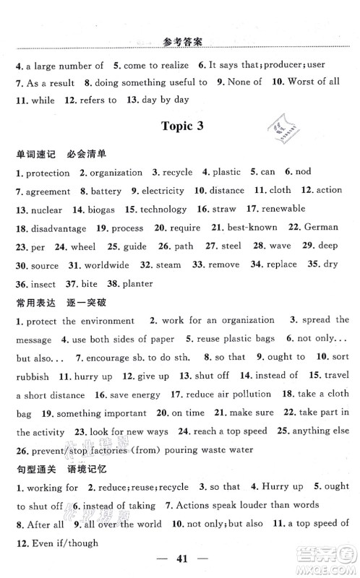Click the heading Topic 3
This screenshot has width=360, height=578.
click(x=180, y=125)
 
